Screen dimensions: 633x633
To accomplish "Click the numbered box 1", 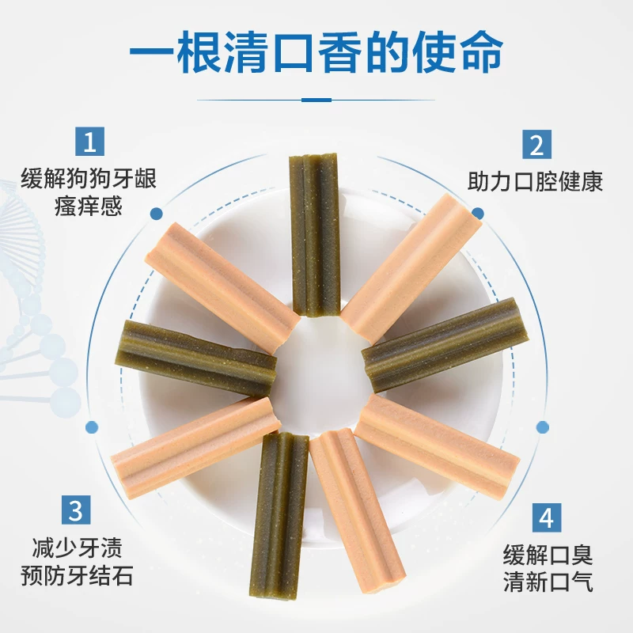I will click(89, 143).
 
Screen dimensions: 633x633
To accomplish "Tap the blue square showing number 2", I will click(536, 146).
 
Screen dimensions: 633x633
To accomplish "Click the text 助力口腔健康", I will click(535, 182).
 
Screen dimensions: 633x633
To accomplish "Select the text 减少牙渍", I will click(76, 547).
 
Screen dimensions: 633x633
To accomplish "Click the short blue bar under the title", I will click(316, 100).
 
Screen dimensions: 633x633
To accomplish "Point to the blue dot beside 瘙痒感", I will click(156, 213).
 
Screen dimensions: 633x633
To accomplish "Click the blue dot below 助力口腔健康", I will click(477, 213).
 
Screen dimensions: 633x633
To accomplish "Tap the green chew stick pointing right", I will click(440, 345).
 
